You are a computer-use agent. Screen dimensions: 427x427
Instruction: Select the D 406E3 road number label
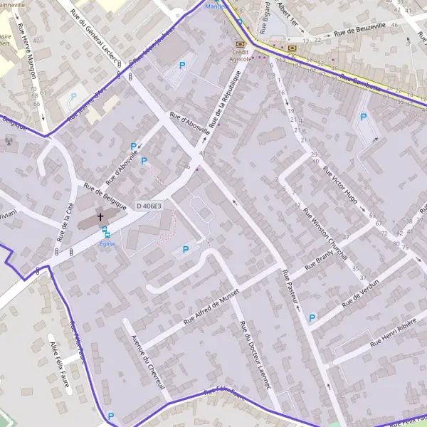pos(149,206)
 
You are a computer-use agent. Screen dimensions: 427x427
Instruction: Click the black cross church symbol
pos(100,217)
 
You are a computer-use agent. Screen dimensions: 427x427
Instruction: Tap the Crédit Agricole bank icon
pos(239,44)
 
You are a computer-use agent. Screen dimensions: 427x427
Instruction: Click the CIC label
pos(292,55)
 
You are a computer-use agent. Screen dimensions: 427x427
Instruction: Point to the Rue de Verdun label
pos(360,293)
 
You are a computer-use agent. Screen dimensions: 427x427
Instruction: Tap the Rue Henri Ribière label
pos(386,334)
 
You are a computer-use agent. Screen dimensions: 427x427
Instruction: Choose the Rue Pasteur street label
pos(290,288)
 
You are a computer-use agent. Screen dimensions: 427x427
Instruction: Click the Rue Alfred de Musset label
pos(213,307)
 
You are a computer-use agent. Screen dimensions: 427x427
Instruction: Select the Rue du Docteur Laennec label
pos(255,356)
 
